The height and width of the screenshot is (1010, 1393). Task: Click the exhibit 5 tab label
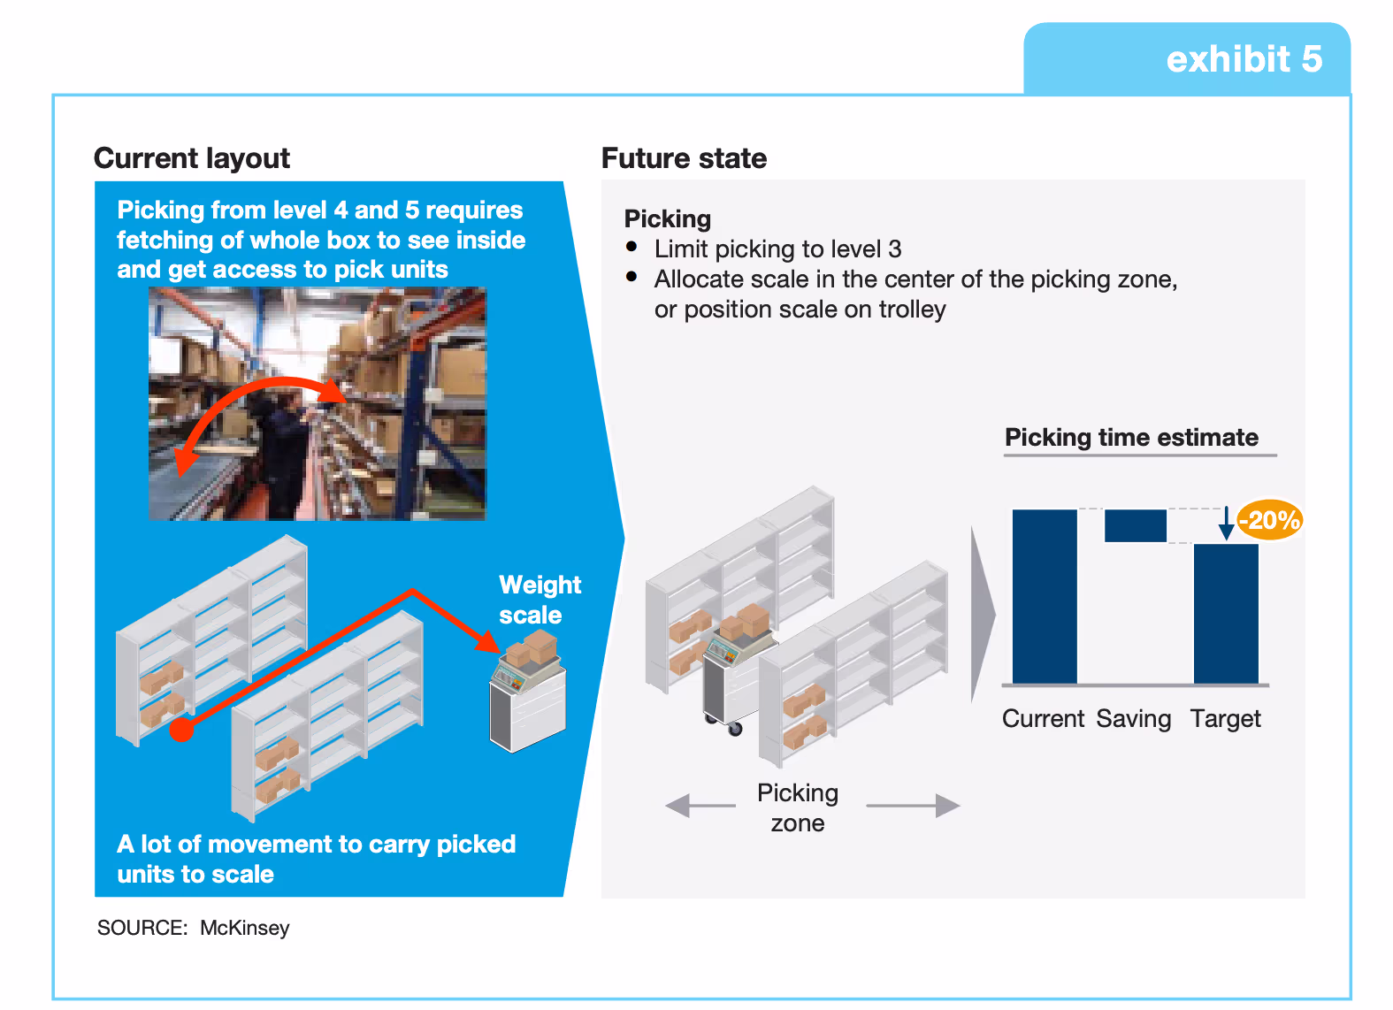click(x=1244, y=59)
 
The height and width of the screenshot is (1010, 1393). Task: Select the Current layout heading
click(x=192, y=158)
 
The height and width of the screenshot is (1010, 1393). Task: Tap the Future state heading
click(x=684, y=158)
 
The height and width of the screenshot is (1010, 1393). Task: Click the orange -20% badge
click(x=1270, y=520)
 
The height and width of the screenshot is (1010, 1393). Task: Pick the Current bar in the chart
click(x=1045, y=596)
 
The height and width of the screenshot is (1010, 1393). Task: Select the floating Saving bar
click(x=1136, y=525)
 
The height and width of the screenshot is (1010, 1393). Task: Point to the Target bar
click(x=1226, y=613)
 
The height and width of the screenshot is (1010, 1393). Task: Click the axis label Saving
click(x=1134, y=719)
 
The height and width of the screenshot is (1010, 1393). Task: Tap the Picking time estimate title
click(x=1131, y=438)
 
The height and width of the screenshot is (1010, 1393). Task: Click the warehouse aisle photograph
click(x=317, y=403)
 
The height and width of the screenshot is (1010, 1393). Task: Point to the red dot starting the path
click(x=182, y=730)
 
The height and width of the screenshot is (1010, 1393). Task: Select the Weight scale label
click(x=540, y=600)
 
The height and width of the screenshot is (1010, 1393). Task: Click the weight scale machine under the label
click(x=528, y=699)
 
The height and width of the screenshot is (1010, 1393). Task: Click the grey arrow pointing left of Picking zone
click(x=700, y=806)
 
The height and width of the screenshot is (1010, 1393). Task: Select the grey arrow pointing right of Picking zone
click(x=913, y=806)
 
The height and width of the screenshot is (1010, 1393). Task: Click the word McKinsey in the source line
click(x=245, y=928)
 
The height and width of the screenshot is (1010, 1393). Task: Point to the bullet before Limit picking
click(x=631, y=247)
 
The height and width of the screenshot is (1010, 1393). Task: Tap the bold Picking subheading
click(x=668, y=218)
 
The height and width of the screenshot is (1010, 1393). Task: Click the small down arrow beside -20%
click(x=1226, y=524)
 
